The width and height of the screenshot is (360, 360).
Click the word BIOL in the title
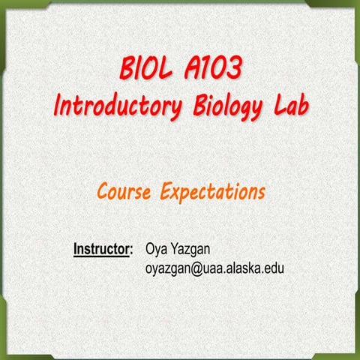pos(147,71)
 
